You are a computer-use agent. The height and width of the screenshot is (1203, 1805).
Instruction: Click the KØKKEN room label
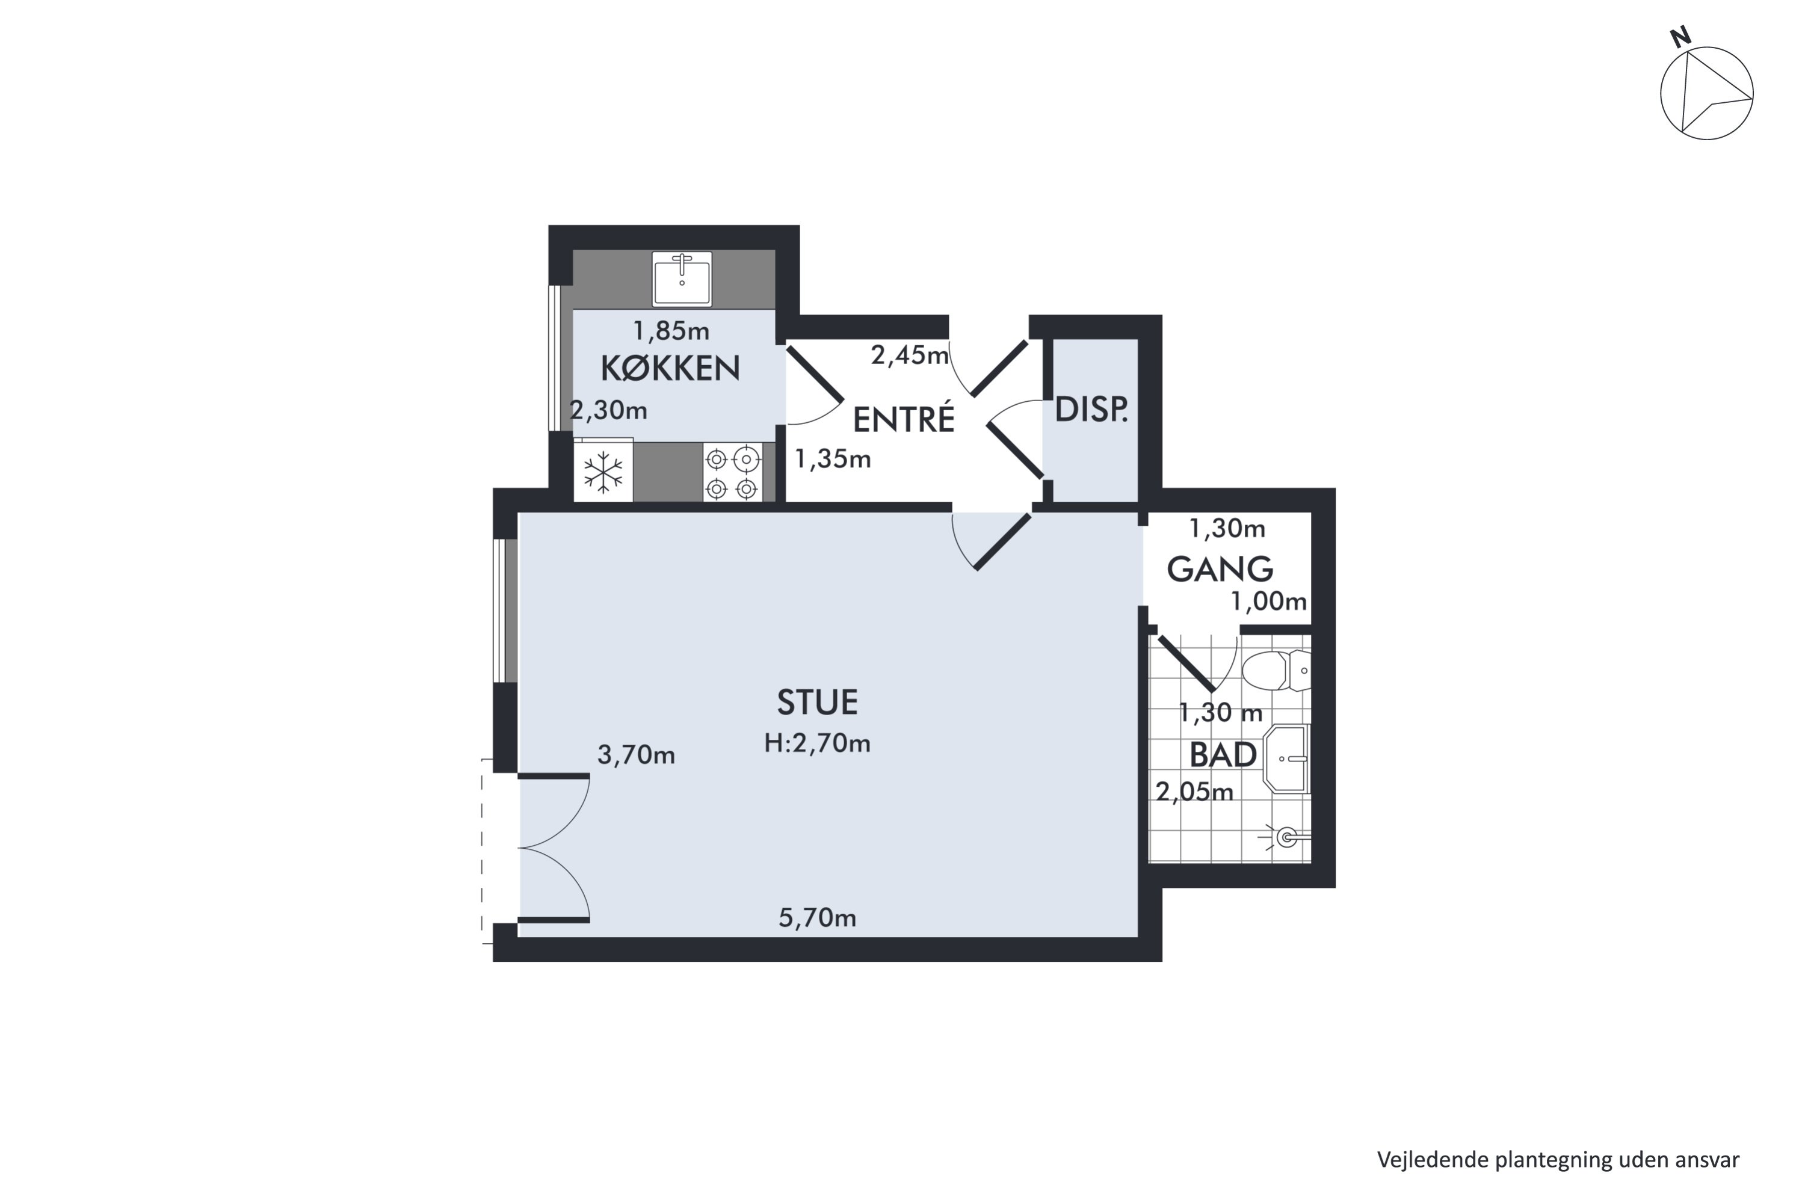[670, 369]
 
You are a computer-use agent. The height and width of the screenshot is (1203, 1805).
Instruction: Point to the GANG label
[1220, 569]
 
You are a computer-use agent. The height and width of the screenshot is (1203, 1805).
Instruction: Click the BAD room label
[1223, 755]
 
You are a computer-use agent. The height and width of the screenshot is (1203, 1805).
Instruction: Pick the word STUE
[817, 702]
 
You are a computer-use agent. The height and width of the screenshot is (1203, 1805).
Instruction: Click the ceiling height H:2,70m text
[817, 743]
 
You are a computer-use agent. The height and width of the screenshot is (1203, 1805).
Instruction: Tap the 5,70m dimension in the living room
[817, 918]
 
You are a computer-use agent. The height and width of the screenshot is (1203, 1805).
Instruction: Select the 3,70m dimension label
[636, 755]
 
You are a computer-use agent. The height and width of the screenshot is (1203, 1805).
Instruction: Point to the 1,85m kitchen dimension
[671, 331]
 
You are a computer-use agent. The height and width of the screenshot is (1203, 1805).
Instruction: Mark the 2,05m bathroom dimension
[1194, 792]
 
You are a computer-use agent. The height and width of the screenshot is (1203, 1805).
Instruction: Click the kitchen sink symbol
[682, 278]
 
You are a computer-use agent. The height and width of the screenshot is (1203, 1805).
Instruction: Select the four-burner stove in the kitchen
[732, 473]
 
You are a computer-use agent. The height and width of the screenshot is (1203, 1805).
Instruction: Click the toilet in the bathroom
[1276, 671]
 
